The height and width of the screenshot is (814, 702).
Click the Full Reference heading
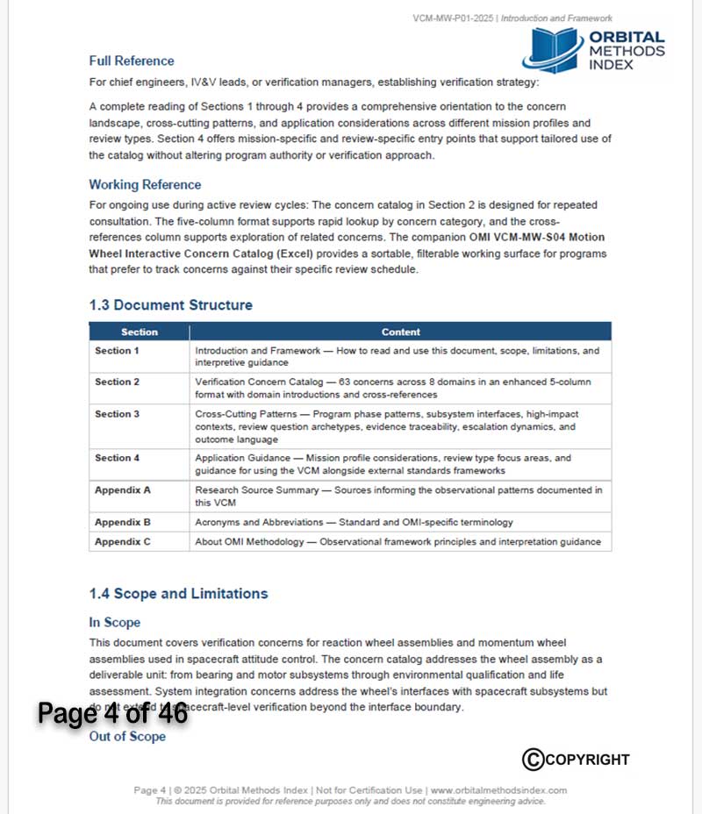pyautogui.click(x=132, y=61)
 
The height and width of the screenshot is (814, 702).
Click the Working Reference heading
pyautogui.click(x=145, y=185)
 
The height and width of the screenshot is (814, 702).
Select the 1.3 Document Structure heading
pyautogui.click(x=170, y=305)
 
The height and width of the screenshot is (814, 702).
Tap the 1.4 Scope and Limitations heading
pyautogui.click(x=178, y=594)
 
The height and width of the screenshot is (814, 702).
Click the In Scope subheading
pyautogui.click(x=114, y=623)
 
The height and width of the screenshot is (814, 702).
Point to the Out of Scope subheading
pyautogui.click(x=127, y=737)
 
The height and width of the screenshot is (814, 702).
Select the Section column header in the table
pyautogui.click(x=140, y=332)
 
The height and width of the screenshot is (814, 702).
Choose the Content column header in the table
pyautogui.click(x=401, y=332)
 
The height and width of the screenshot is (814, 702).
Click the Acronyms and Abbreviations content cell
pyautogui.click(x=354, y=522)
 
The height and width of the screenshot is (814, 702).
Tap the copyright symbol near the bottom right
pyautogui.click(x=533, y=759)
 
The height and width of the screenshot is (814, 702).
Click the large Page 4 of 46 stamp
pyautogui.click(x=112, y=714)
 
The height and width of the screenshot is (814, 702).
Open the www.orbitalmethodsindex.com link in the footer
pyautogui.click(x=498, y=790)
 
